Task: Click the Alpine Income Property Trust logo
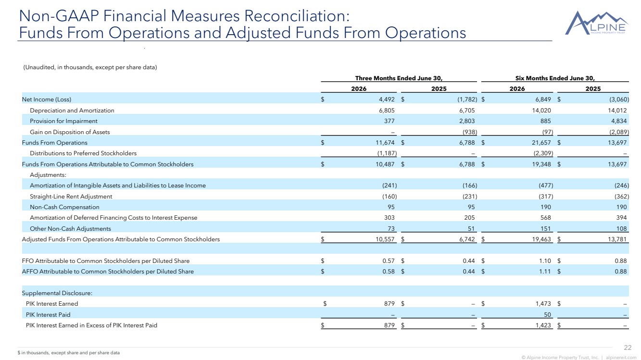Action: pos(596,23)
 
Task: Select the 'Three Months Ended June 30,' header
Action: pos(399,78)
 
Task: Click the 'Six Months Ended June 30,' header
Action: pos(555,78)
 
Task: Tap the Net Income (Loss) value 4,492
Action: pos(387,99)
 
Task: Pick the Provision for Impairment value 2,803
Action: pos(467,121)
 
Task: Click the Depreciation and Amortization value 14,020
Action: pos(541,111)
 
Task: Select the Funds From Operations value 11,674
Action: pos(385,142)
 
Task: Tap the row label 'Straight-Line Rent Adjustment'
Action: pos(71,197)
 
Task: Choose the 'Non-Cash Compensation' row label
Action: pos(64,207)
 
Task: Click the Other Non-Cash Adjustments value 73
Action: pos(391,228)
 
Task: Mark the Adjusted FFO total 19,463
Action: pos(541,239)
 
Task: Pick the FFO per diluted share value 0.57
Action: pos(389,261)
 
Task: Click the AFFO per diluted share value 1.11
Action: pos(545,272)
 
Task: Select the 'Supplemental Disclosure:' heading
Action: pos(57,293)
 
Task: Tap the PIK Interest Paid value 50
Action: pos(547,314)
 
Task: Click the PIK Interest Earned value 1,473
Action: pos(543,304)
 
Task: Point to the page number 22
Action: pos(628,348)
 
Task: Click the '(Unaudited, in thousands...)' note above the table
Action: pos(90,67)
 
